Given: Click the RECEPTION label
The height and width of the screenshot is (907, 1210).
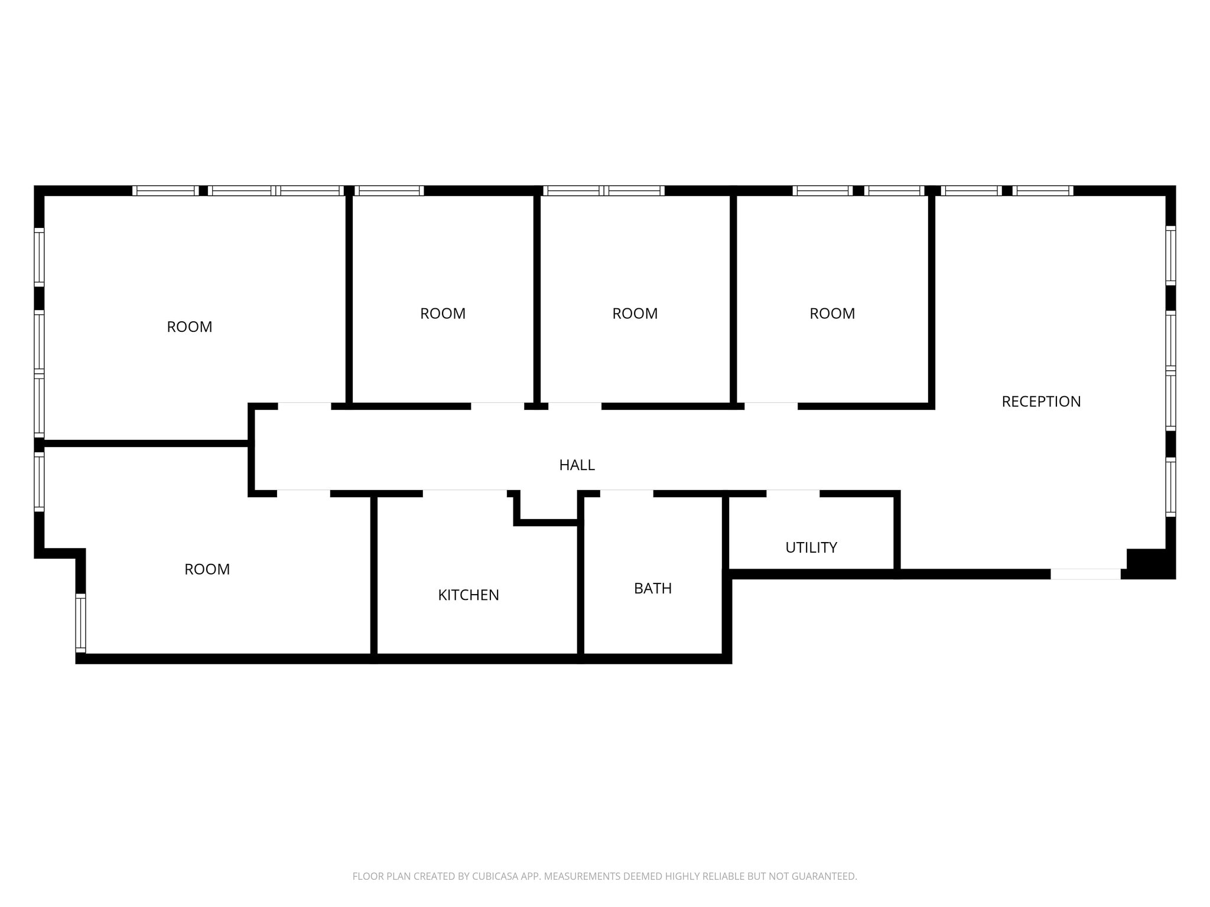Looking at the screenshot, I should [x=1041, y=402].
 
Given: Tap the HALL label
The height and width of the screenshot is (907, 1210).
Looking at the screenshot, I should [x=577, y=465].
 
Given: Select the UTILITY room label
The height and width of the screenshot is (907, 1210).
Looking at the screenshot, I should [x=811, y=547].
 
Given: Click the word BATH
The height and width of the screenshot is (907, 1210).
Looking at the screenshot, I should [x=652, y=588].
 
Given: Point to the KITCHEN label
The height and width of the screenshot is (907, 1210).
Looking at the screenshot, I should [x=468, y=595].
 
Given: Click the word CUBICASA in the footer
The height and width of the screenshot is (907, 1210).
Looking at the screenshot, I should [x=495, y=876].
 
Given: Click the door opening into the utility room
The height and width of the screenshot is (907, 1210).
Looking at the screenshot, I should [x=793, y=493].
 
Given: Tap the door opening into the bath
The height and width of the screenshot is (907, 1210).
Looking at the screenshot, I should [x=627, y=493].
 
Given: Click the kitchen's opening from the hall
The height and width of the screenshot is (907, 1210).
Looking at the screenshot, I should [x=464, y=493].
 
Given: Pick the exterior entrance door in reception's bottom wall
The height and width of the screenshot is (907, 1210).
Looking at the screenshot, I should [x=1085, y=574].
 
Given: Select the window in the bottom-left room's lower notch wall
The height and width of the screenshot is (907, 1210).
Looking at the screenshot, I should [x=80, y=624].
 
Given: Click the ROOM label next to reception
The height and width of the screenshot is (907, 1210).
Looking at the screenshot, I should [x=832, y=314].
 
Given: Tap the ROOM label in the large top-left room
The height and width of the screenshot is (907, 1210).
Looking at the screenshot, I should [x=189, y=327].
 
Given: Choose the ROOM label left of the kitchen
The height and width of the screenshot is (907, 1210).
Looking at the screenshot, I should [x=207, y=569].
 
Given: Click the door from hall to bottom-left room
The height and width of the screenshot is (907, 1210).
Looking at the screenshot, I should [x=303, y=493].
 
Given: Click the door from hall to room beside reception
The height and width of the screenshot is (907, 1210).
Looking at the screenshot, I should [x=771, y=406].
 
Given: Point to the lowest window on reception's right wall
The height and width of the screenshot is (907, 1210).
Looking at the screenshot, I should [x=1170, y=487].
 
